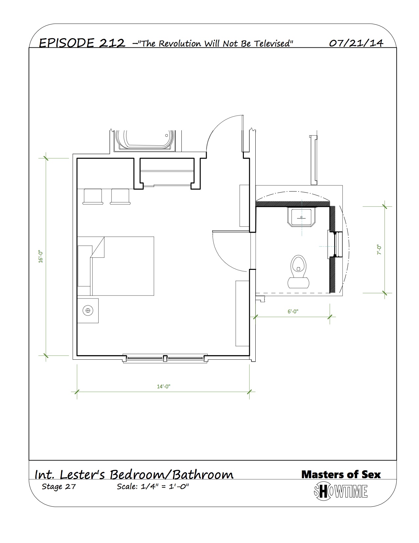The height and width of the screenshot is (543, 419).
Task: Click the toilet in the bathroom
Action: pos(298,271)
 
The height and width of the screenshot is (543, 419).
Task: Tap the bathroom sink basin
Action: pos(302,217)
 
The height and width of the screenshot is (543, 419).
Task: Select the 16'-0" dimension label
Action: pos(41,257)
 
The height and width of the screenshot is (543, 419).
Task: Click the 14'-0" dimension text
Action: pos(163,386)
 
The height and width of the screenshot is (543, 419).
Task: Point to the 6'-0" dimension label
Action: pos(293,311)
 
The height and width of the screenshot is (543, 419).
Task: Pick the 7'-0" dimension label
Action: pos(379,250)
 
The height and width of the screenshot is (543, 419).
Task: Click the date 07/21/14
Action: pos(356,43)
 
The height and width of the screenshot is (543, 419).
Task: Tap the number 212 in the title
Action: pos(112,43)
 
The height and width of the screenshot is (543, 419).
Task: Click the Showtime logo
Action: pos(341,491)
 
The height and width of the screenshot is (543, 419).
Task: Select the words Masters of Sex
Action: pos(341,475)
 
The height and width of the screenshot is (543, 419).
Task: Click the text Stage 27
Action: pos(58,486)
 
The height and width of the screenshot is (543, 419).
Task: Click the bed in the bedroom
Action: pos(116,266)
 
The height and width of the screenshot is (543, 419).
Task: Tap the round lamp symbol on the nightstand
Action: pos(88,310)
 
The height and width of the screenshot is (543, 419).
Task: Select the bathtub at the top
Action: pos(145,141)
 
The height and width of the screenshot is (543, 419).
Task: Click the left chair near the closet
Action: pos(93,197)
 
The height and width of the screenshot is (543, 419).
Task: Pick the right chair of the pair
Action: pos(120,197)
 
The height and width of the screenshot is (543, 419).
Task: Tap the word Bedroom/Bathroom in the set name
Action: pos(172,475)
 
